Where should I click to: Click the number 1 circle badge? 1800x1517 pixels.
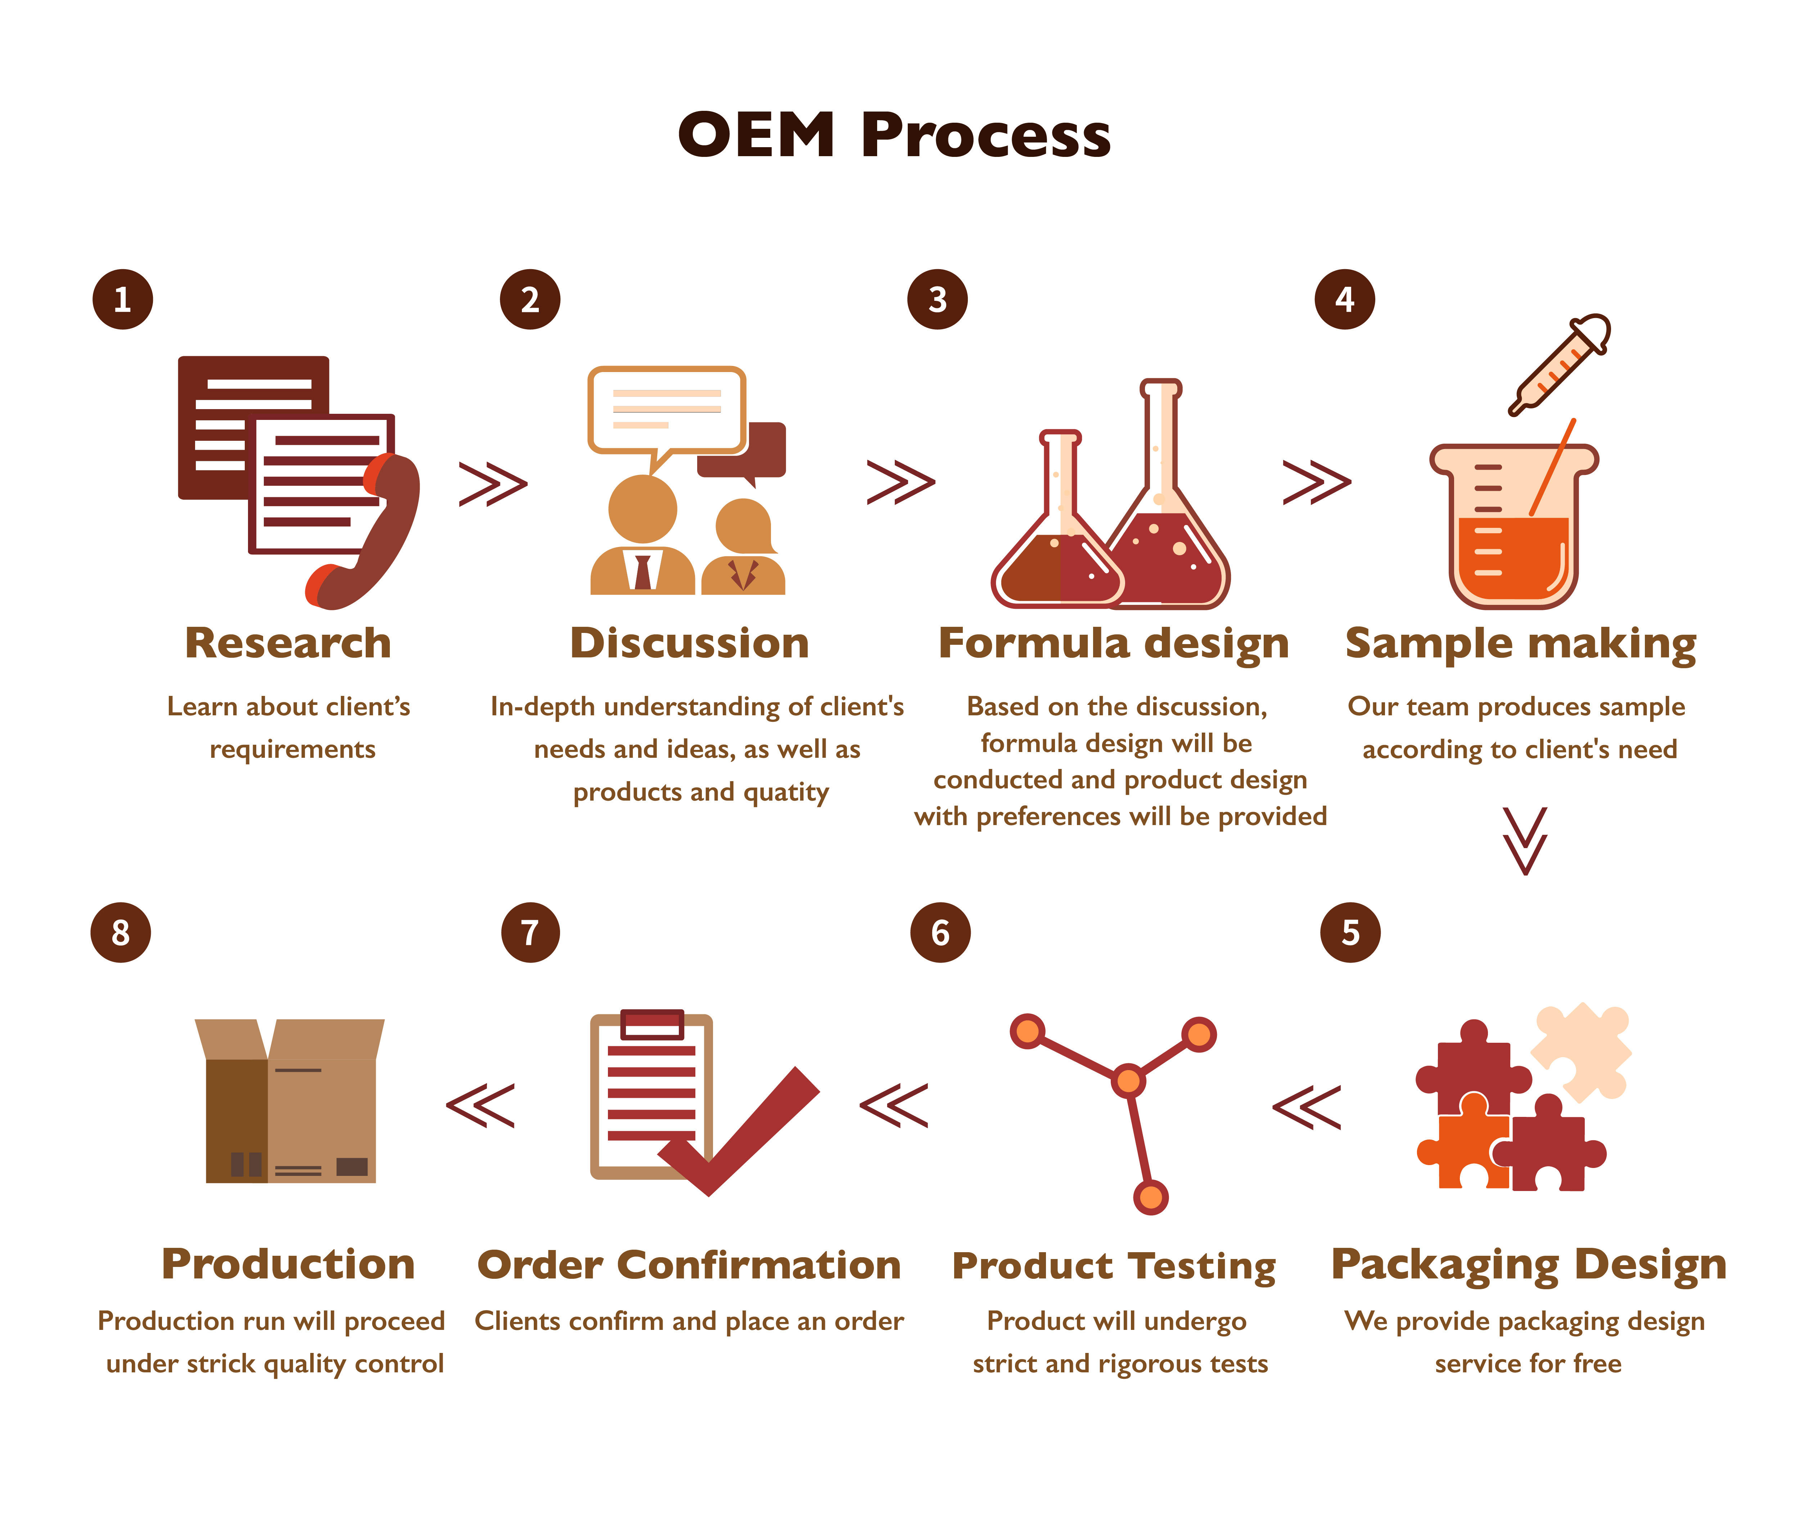122,299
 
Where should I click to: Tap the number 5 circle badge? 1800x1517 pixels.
1350,932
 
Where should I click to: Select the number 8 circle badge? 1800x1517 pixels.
121,932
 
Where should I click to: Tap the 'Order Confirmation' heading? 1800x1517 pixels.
689,1265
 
